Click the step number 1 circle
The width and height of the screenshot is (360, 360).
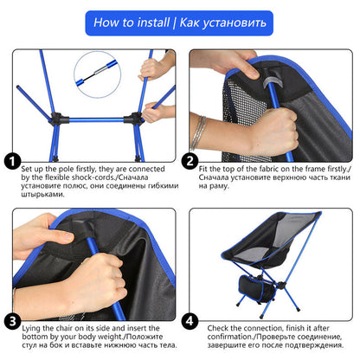click(x=13, y=162)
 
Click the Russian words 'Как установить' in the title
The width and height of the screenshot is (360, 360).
click(x=223, y=19)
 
